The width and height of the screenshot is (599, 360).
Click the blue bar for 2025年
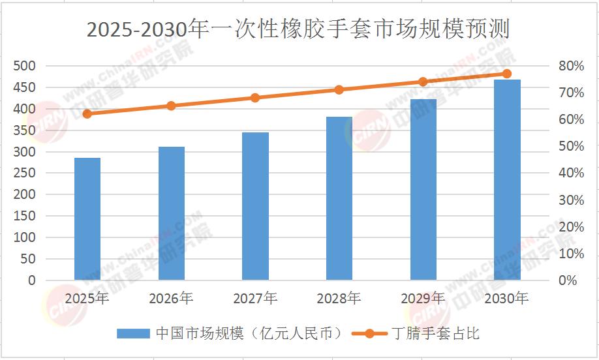pos(87,219)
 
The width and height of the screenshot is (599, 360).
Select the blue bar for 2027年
pos(255,206)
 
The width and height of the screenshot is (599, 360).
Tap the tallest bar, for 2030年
pos(507,180)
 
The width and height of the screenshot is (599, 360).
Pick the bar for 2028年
pos(339,198)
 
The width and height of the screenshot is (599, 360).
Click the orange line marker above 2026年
pos(171,106)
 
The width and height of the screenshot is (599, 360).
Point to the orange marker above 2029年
pos(423,82)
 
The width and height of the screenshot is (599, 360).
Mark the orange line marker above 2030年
pos(507,74)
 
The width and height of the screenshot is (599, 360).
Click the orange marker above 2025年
pos(87,113)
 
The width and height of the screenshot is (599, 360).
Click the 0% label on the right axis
pos(570,280)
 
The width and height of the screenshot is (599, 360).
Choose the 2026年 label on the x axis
pos(171,299)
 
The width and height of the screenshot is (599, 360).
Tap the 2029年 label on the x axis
pos(423,299)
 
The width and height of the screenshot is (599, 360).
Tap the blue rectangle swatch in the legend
pos(134,333)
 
